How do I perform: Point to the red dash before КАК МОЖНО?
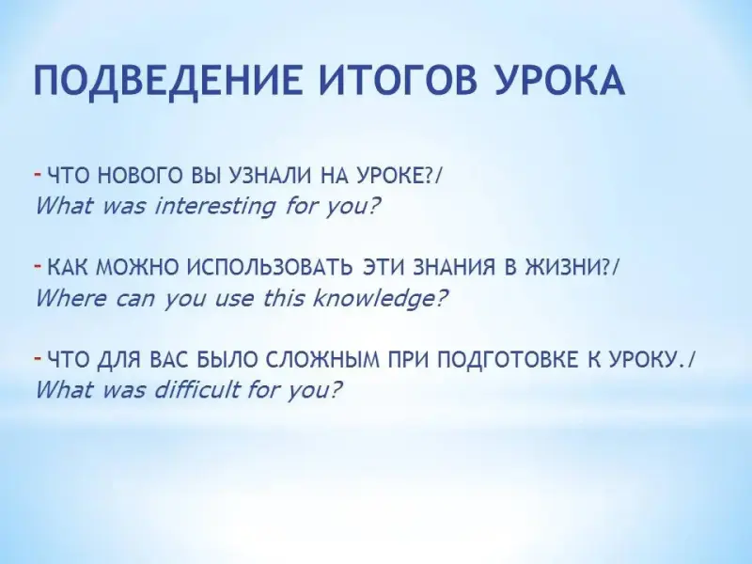(x=38, y=265)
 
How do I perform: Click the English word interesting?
(x=215, y=207)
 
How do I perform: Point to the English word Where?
(x=70, y=299)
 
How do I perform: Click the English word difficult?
(x=196, y=390)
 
